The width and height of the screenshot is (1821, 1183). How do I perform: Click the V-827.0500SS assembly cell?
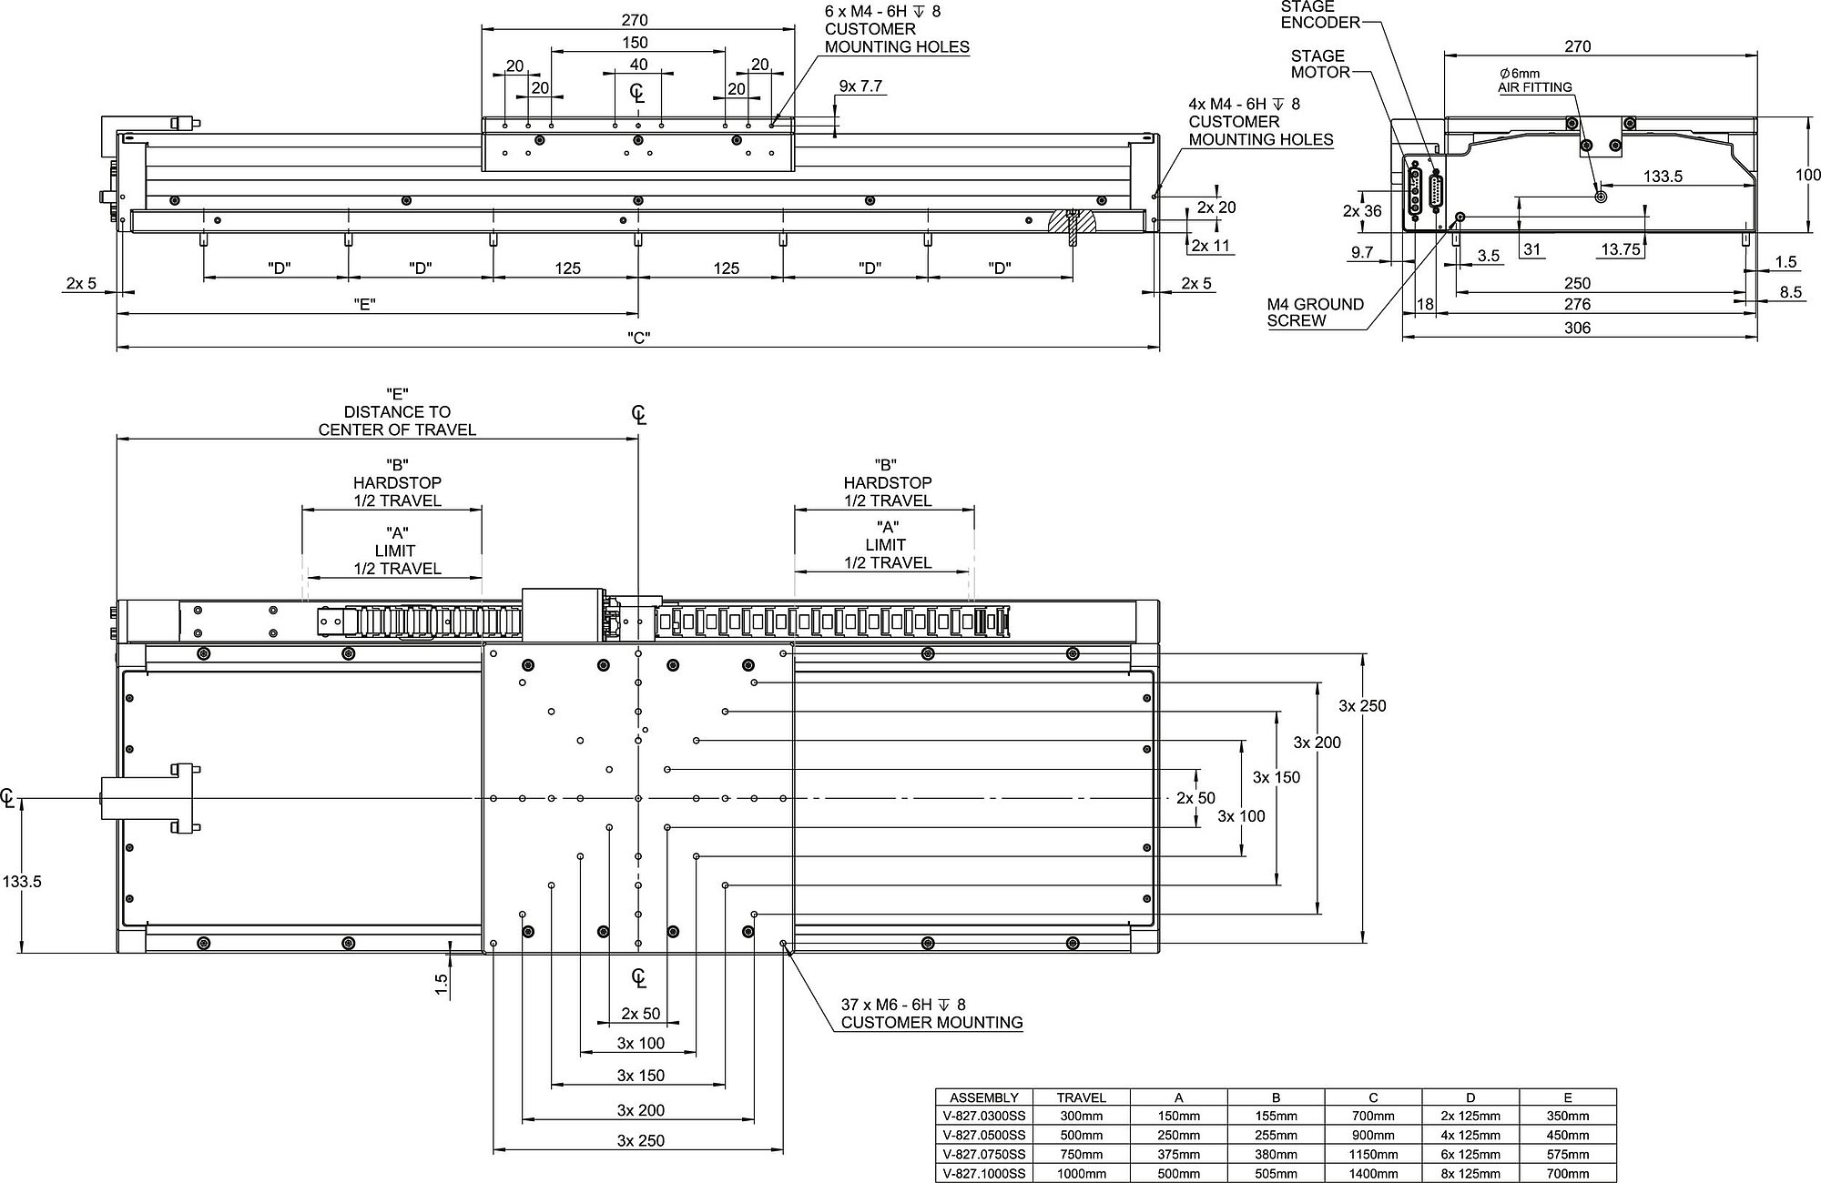pyautogui.click(x=984, y=1135)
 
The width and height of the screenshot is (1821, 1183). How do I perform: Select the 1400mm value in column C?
pyautogui.click(x=1373, y=1173)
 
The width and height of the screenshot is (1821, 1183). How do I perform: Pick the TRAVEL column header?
pyautogui.click(x=1081, y=1097)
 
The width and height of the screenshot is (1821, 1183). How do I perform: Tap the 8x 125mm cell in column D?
pyautogui.click(x=1470, y=1173)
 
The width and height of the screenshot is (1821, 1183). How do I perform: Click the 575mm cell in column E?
pyautogui.click(x=1567, y=1154)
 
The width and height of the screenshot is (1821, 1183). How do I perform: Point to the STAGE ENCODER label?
pyautogui.click(x=1319, y=15)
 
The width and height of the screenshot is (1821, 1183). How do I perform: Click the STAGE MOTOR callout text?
pyautogui.click(x=1319, y=64)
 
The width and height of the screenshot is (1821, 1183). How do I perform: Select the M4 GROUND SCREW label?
pyautogui.click(x=1315, y=312)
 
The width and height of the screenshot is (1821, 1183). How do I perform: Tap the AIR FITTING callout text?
pyautogui.click(x=1535, y=87)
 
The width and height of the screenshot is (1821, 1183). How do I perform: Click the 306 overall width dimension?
pyautogui.click(x=1577, y=328)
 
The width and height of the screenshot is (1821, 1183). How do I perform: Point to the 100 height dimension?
pyautogui.click(x=1807, y=175)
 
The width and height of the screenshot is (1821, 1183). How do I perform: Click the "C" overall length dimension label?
pyautogui.click(x=639, y=338)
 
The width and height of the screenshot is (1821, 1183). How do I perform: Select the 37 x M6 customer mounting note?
pyautogui.click(x=931, y=1014)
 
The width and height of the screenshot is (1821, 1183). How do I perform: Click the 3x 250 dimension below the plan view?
pyautogui.click(x=640, y=1140)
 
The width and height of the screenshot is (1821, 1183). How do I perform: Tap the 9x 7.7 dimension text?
pyautogui.click(x=860, y=86)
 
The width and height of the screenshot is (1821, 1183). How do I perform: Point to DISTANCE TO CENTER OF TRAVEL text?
pyautogui.click(x=397, y=420)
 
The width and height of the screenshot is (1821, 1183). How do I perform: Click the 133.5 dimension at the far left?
pyautogui.click(x=23, y=881)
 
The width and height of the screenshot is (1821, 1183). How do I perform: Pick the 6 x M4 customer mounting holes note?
pyautogui.click(x=896, y=29)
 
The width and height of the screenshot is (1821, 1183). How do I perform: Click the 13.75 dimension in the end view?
pyautogui.click(x=1620, y=248)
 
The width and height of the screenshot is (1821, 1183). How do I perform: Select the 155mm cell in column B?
pyautogui.click(x=1276, y=1116)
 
